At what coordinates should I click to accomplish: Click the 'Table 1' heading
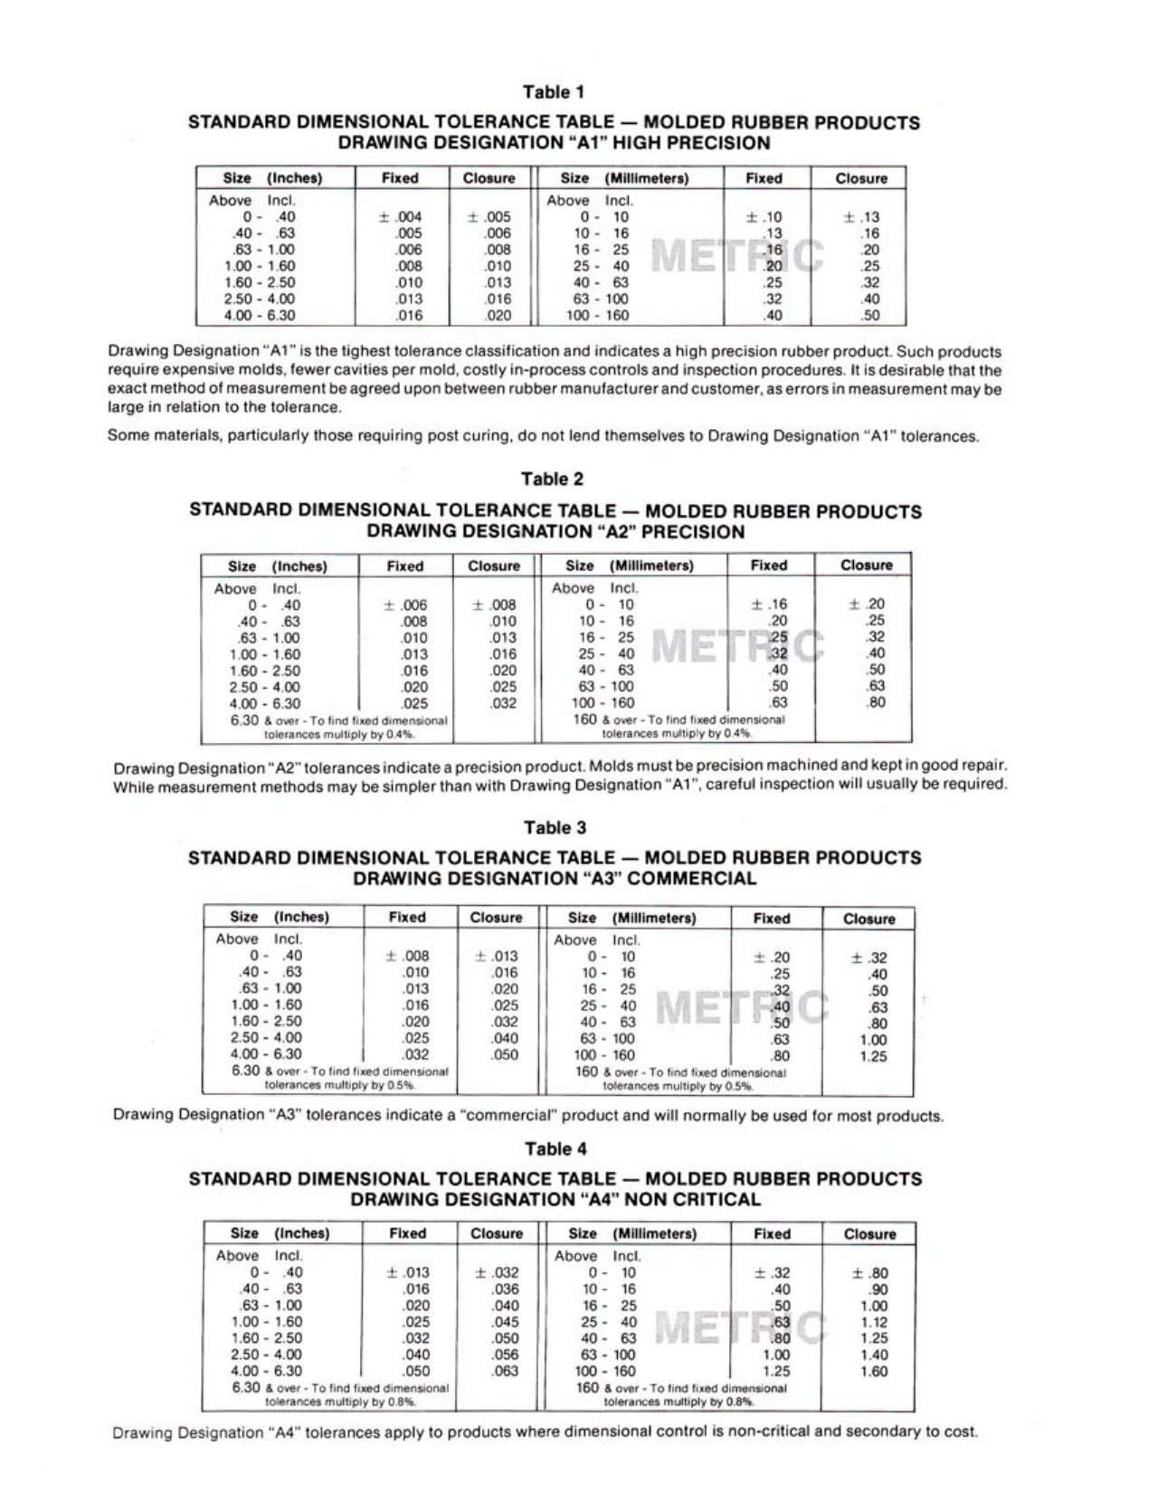point(553,92)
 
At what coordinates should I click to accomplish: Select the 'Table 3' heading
point(555,828)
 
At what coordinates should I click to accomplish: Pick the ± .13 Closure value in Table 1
point(861,217)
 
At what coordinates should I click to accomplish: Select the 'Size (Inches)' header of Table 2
point(278,566)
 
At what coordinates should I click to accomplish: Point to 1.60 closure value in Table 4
point(874,1371)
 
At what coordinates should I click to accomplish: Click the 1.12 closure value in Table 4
point(874,1322)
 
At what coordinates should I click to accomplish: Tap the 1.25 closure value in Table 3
point(873,1056)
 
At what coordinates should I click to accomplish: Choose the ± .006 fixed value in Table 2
point(405,605)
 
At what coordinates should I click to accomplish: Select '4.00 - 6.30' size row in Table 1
point(260,316)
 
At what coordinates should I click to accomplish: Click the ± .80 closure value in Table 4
point(870,1273)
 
